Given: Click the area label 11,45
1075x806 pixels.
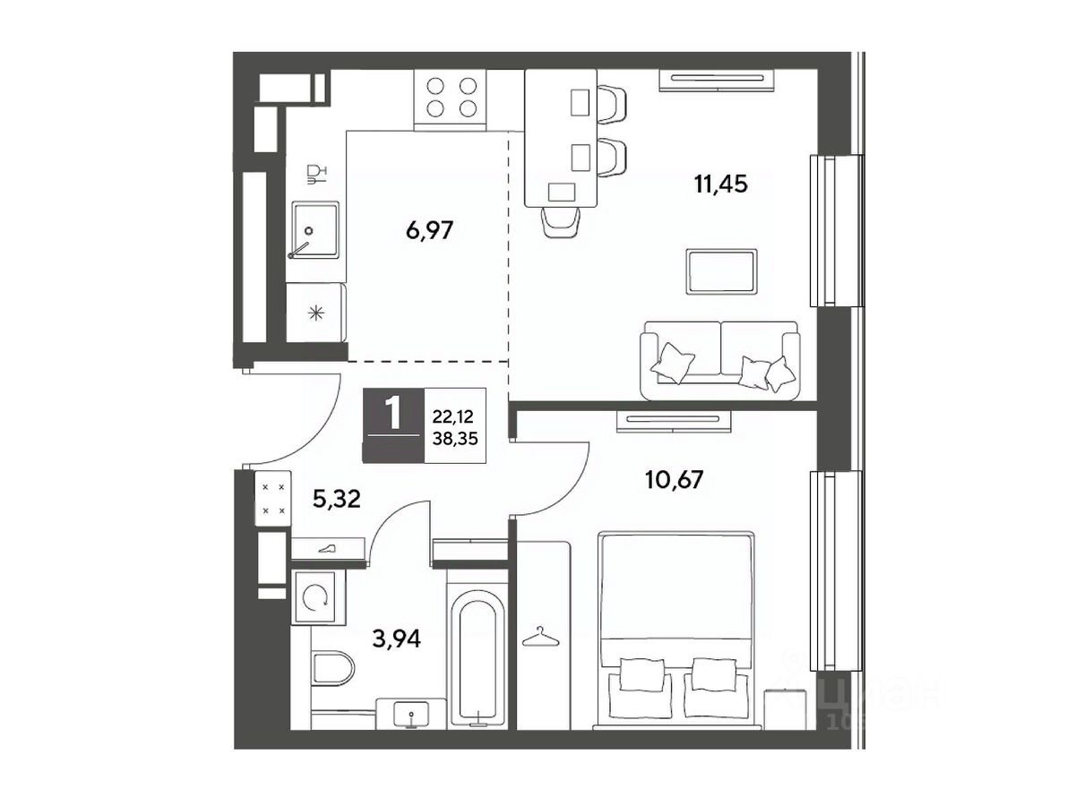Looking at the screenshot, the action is pos(720,184).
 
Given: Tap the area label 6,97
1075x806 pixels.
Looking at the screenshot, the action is pos(429,230).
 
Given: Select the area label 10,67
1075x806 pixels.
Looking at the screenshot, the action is pos(674,480).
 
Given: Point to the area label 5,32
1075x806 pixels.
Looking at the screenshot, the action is pos(337,500).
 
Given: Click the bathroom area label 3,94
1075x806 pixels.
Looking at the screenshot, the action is pos(396,639).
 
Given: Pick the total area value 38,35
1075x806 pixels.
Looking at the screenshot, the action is pos(455,439).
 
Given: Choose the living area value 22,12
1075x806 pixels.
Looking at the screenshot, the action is pos(453,417).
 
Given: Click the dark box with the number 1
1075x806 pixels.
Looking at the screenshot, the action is pos(392,424).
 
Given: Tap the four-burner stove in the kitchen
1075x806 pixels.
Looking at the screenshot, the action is pos(451,99).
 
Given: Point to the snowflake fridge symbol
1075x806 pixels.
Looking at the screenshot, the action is pos(315,313).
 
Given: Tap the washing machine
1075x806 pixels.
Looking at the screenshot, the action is pos(318,597).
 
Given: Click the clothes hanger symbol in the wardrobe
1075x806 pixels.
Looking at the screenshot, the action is pos(539,637).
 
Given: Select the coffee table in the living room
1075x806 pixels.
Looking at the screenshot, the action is pos(721,271).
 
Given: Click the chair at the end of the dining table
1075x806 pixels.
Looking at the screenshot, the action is pos(562,223).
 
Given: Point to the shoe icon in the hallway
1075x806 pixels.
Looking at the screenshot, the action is pos(329,549).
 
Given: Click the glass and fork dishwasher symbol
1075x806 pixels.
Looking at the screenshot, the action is pos(316,175).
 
